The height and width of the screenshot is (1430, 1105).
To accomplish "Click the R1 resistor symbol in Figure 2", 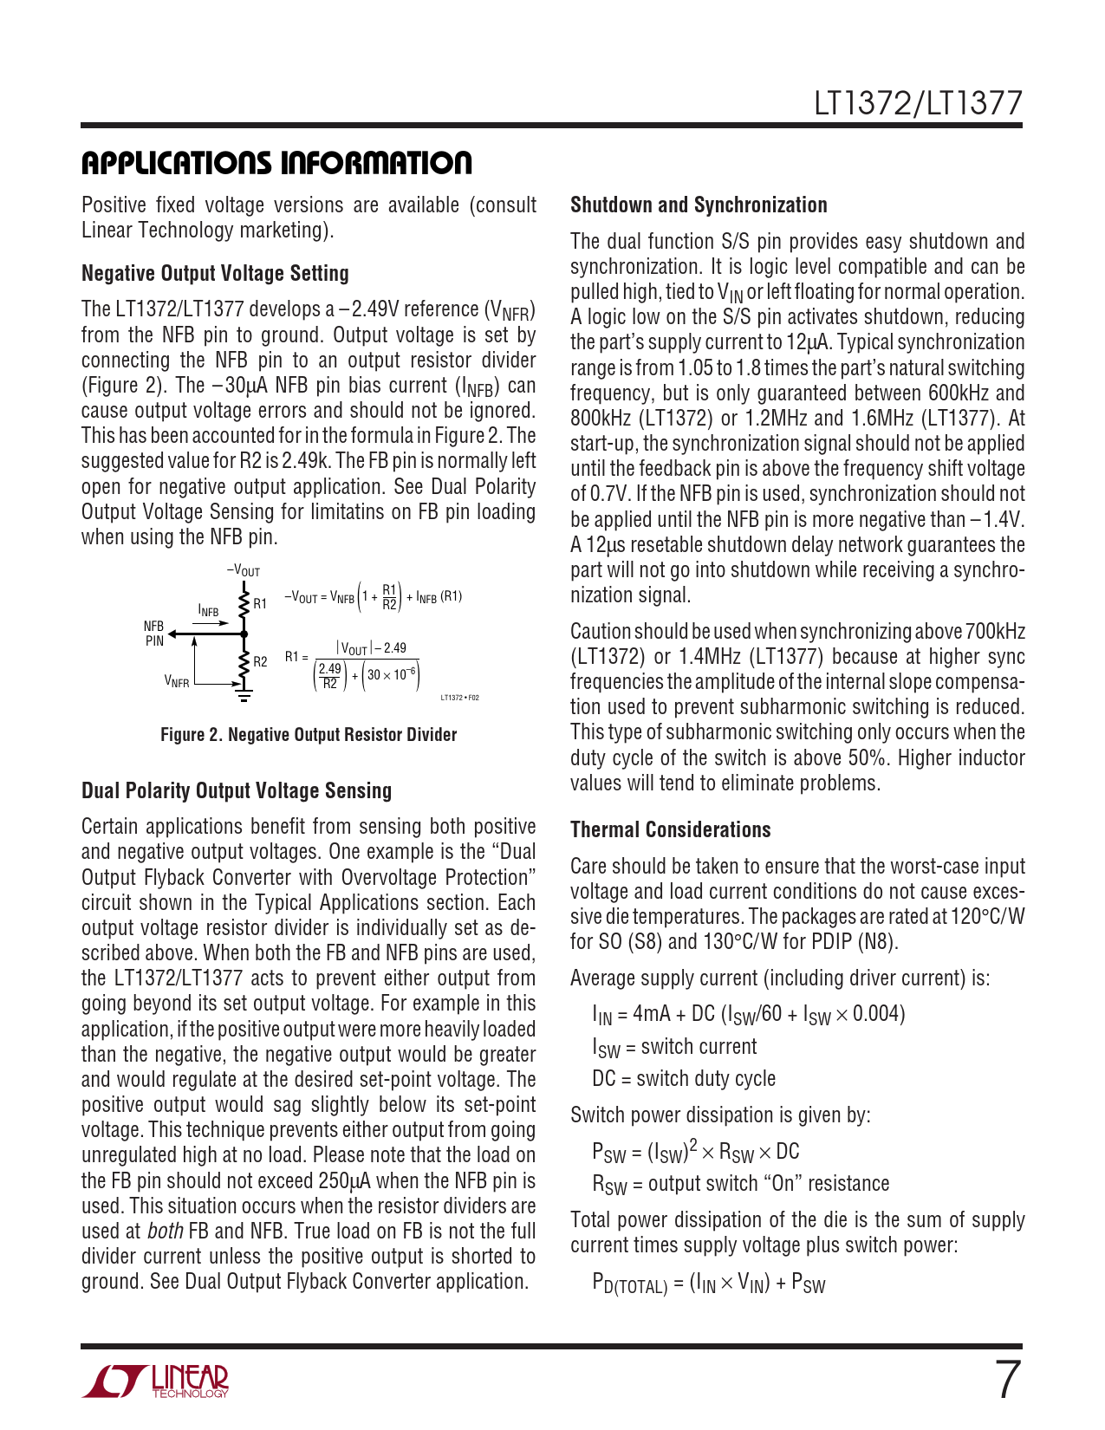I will click(244, 602).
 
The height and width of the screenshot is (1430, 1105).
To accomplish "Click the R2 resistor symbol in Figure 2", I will click(244, 662).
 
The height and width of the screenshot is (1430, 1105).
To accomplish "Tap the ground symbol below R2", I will click(244, 694).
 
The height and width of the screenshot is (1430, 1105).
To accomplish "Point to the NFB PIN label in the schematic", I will click(153, 634).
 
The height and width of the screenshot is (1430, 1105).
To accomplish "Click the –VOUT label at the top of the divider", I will click(244, 571).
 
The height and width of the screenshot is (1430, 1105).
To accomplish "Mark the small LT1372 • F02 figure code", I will click(459, 698).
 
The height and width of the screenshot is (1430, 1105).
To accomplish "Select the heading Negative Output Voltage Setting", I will click(215, 274).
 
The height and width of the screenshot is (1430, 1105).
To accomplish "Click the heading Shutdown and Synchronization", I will click(699, 205).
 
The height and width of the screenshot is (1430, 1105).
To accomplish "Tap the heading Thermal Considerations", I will click(670, 830).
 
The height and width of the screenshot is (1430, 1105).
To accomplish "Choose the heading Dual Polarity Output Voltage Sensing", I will click(237, 791).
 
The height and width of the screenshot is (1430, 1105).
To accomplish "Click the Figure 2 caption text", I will click(309, 735).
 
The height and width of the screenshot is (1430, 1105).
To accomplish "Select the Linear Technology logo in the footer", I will click(156, 1381).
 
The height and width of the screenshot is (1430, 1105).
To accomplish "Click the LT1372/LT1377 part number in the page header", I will click(918, 104).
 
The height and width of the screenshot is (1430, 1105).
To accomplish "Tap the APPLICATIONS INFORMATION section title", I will click(276, 163).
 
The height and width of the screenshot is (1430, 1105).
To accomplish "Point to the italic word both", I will click(165, 1232).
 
